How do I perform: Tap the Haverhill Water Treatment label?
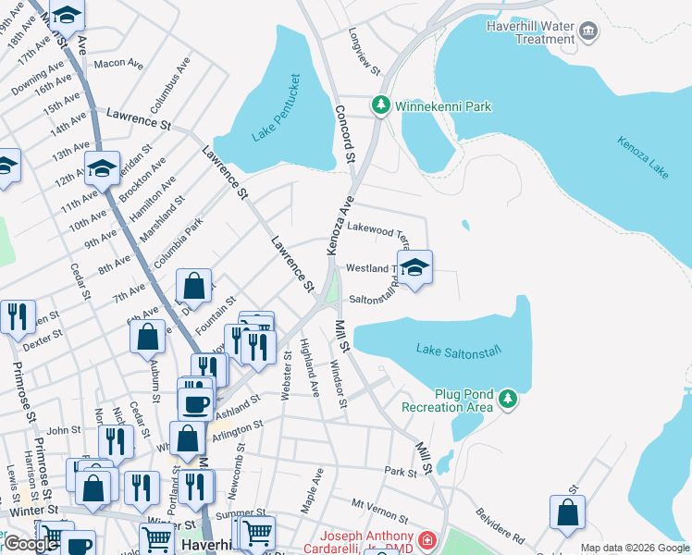click(x=531, y=32)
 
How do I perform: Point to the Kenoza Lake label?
click(x=645, y=158)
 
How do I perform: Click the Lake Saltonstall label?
click(x=458, y=350)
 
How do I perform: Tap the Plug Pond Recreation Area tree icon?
click(x=507, y=399)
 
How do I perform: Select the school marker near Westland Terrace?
click(x=415, y=268)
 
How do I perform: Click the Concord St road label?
click(x=344, y=135)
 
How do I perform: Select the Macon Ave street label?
click(x=118, y=64)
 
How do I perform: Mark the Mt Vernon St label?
click(x=379, y=510)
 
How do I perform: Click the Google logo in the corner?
click(x=31, y=544)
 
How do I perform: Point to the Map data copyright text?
click(x=635, y=548)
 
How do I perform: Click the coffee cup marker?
click(x=196, y=403)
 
